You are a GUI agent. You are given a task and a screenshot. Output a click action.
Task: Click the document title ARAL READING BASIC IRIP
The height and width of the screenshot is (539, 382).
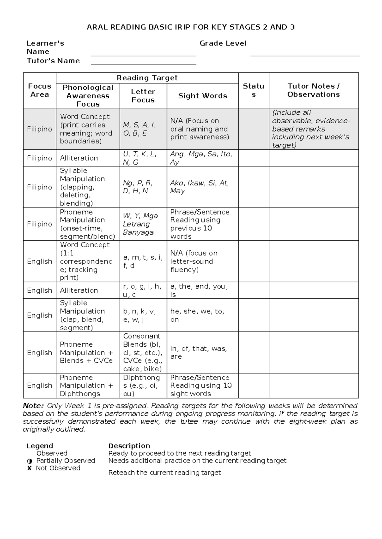pos(191,27)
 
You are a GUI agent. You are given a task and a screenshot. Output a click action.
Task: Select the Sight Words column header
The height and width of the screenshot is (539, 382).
pos(202,96)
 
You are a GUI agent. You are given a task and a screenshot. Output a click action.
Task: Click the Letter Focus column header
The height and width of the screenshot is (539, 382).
pos(143,96)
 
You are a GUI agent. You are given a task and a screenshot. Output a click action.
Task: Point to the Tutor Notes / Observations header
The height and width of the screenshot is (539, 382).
pos(314,90)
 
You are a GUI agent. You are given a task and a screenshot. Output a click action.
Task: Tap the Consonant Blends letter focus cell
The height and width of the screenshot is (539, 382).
pos(143,352)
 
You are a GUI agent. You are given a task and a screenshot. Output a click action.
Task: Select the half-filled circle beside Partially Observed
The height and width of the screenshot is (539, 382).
pos(30,461)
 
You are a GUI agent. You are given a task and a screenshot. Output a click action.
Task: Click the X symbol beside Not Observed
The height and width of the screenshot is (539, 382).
pos(29,468)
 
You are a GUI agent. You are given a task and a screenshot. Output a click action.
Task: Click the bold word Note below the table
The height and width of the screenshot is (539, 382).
pos(33,406)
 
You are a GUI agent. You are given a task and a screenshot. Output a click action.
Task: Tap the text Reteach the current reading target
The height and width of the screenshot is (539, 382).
pos(164,473)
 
